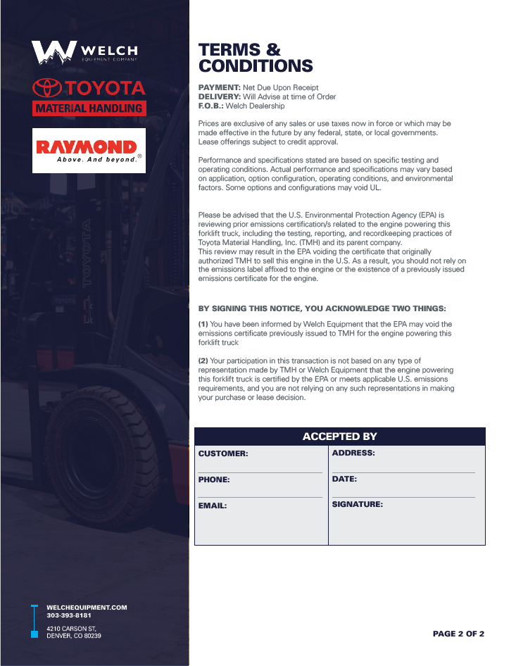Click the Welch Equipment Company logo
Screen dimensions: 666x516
[84, 51]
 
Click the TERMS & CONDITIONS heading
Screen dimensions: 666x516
[256, 58]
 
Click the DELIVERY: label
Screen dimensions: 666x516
[220, 96]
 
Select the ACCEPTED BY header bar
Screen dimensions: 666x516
[339, 436]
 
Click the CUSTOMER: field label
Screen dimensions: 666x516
[223, 454]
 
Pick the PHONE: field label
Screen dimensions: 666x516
[214, 479]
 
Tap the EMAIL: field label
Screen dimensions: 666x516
[213, 505]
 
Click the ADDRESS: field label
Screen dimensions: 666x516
[353, 453]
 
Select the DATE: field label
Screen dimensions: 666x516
[344, 479]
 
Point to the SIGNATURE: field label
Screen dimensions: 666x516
[357, 505]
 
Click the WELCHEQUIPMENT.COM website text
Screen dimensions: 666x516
[87, 607]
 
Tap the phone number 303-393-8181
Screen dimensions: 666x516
[69, 615]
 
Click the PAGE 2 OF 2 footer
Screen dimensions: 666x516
[458, 634]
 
